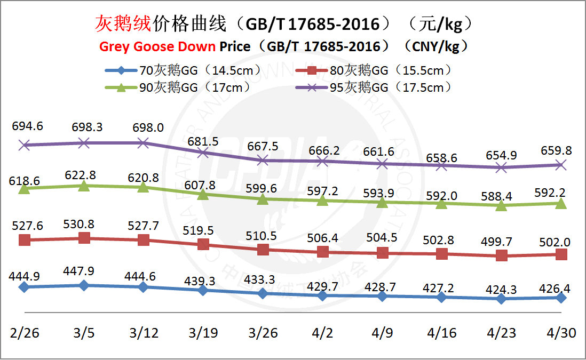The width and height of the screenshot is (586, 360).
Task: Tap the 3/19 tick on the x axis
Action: tap(203, 333)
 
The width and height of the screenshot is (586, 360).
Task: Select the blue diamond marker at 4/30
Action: tap(561, 298)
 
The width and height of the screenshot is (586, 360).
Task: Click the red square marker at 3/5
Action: tap(84, 238)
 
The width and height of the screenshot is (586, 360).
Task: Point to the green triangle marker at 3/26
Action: tap(263, 199)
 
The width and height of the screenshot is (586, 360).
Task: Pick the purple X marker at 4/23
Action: tap(501, 167)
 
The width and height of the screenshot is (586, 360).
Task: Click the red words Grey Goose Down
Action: tap(158, 46)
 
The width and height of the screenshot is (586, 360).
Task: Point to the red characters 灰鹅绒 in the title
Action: tap(123, 23)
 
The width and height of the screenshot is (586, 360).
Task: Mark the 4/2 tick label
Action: tap(322, 333)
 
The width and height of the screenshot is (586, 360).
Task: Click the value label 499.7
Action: tap(501, 240)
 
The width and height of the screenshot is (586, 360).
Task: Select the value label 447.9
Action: tap(84, 271)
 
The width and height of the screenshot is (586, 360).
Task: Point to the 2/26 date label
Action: tap(23, 333)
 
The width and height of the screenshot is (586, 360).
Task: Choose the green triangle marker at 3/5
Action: tap(84, 185)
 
